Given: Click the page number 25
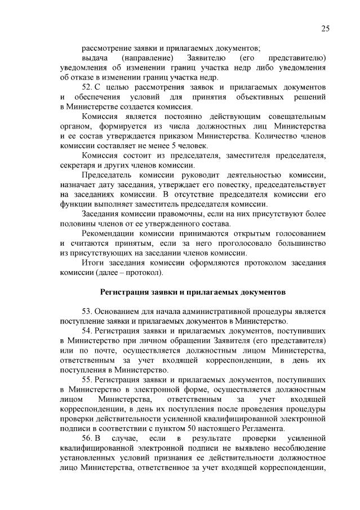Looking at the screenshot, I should click(x=325, y=29).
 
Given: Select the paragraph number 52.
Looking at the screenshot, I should click(x=87, y=88).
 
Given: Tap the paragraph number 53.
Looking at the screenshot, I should click(x=87, y=312).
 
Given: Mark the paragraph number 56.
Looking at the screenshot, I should click(x=87, y=439).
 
